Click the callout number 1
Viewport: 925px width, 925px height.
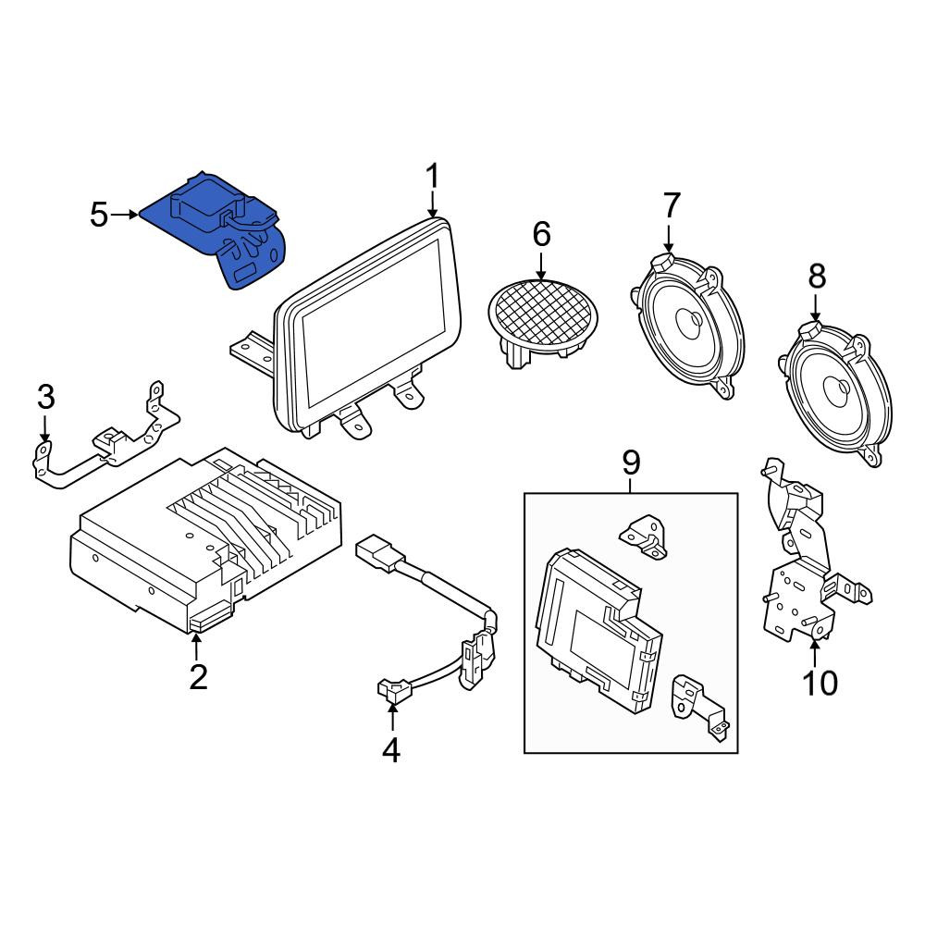point(433,177)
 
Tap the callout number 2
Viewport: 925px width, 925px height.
point(198,677)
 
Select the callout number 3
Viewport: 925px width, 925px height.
point(46,397)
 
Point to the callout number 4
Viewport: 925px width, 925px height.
point(391,750)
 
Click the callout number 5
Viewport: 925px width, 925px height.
point(99,215)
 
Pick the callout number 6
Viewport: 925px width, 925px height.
point(541,234)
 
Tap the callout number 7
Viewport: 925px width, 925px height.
point(672,204)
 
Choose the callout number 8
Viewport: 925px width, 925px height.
point(817,276)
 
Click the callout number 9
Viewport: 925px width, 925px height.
point(631,463)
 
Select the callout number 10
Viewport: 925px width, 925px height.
point(820,684)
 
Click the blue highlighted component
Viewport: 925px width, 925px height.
point(218,230)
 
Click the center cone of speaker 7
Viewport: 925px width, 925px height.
point(691,319)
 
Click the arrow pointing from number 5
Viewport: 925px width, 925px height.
point(125,215)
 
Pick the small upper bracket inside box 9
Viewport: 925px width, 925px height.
point(644,536)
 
